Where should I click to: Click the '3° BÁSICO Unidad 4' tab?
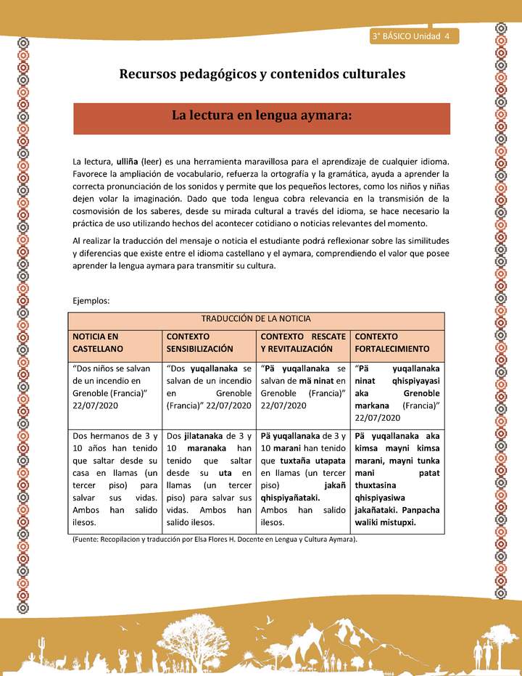pos(410,36)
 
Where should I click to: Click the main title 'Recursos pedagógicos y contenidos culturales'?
pos(262,73)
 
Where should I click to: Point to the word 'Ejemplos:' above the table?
pos(91,300)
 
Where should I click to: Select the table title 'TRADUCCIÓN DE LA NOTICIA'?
pos(256,319)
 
